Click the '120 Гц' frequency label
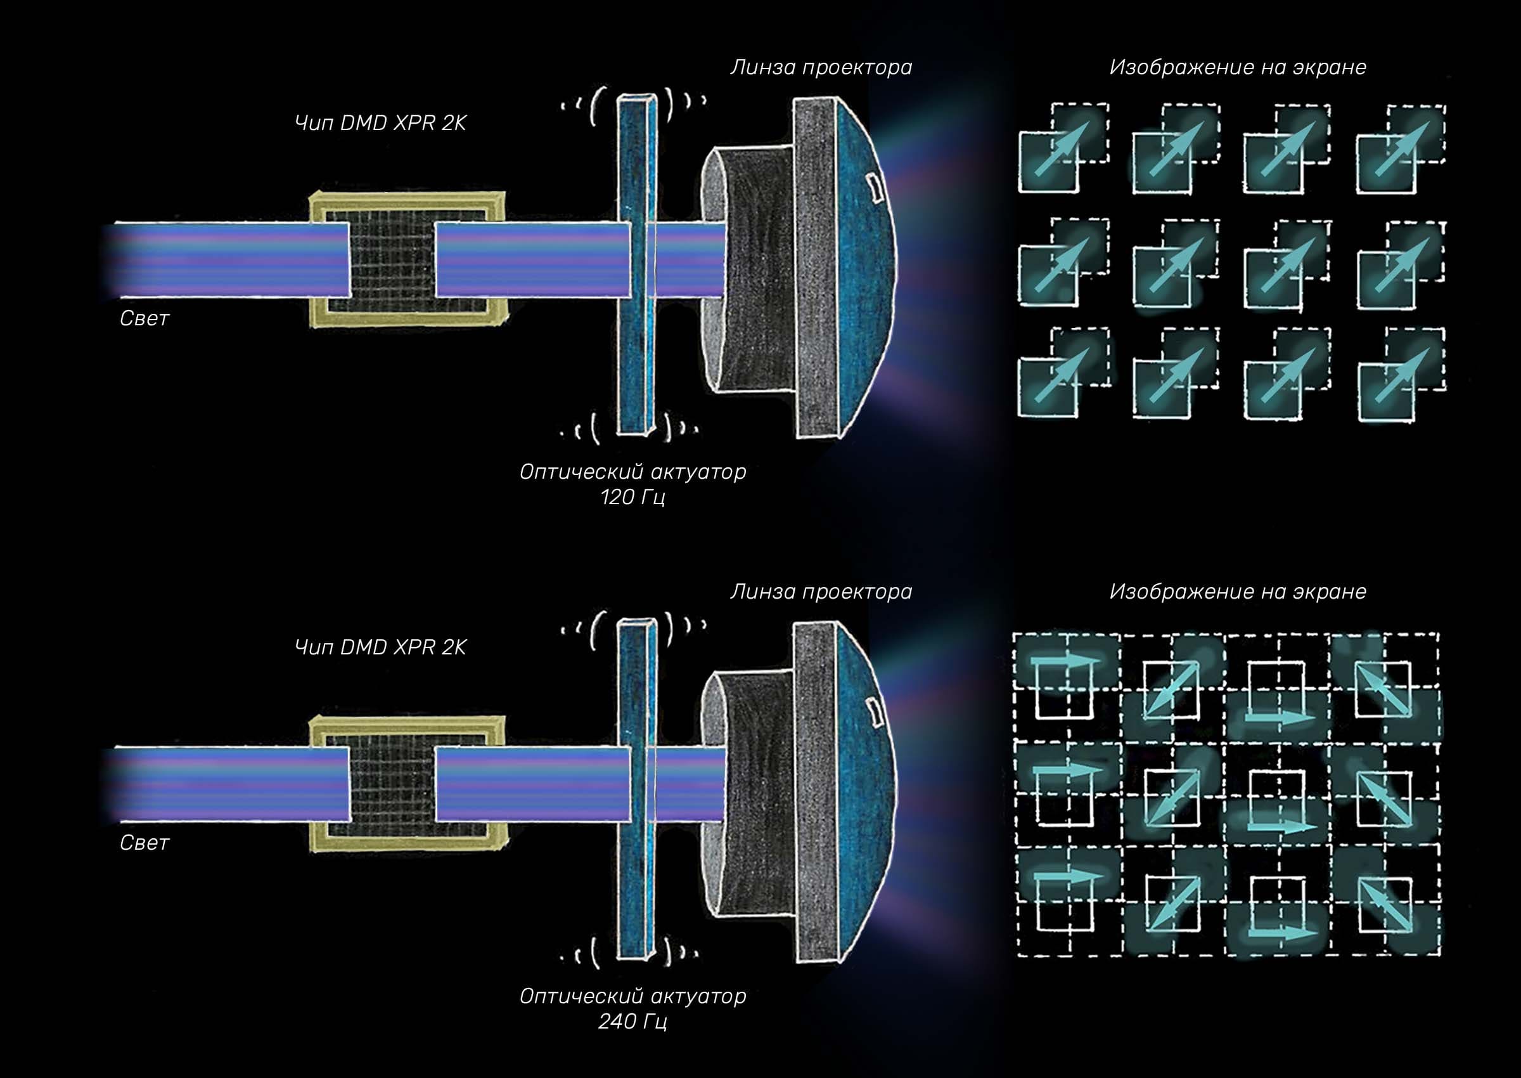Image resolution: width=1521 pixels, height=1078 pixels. coord(632,497)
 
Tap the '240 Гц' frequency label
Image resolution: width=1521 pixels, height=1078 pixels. coord(632,1021)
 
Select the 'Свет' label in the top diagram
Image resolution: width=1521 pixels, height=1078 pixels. coord(144,318)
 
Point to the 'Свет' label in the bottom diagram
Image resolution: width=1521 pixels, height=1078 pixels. coord(144,843)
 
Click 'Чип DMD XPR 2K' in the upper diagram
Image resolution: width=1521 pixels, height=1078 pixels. coord(380,123)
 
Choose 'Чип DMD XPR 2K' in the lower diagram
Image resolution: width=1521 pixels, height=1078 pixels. coord(380,647)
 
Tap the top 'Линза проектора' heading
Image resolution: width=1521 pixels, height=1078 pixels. coord(821,67)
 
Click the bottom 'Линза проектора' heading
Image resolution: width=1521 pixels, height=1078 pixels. coord(821,592)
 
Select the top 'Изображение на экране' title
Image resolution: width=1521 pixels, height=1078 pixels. coord(1238,67)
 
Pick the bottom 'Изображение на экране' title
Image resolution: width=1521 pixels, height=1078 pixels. coord(1238,592)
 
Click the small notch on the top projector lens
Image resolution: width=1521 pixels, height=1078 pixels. coord(875,186)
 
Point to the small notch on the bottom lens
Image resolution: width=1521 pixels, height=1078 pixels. coord(875,711)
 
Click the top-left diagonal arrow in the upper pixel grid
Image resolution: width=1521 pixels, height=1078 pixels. coord(1062,150)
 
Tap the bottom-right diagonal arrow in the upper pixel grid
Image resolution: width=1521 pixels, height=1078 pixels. coord(1401,375)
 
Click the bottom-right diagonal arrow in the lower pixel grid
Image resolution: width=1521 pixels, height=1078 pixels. coord(1382,903)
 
